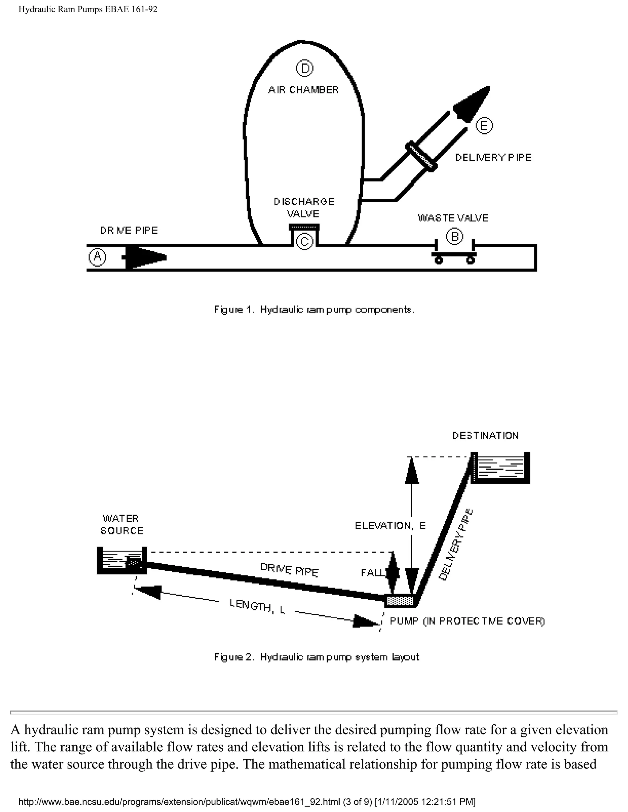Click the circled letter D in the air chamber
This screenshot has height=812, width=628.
point(304,68)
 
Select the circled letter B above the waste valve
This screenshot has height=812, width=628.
point(454,237)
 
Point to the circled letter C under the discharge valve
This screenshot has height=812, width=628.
point(304,242)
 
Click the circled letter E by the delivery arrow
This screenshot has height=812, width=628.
point(484,126)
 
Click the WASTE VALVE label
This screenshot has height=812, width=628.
point(453,218)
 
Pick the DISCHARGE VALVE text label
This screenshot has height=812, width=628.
point(304,207)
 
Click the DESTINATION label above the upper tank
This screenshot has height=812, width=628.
point(485,436)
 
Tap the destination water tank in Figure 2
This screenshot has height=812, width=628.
point(500,468)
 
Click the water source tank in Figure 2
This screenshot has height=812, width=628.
point(122,561)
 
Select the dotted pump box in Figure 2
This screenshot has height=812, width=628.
point(400,601)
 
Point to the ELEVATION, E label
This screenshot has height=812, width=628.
point(390,526)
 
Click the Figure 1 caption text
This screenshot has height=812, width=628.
point(314,310)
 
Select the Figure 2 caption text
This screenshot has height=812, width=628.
point(316,657)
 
